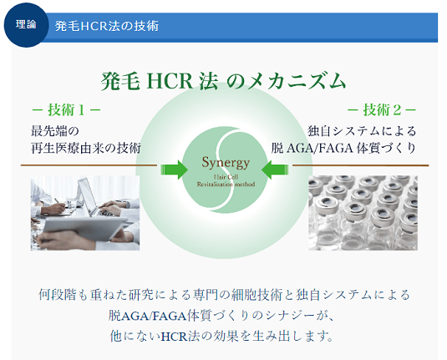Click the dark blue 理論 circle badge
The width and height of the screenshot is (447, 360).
[26, 25]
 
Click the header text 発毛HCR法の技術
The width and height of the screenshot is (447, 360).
[107, 26]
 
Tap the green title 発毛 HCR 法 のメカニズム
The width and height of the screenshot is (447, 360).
[223, 81]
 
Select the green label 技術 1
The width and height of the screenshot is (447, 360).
[66, 110]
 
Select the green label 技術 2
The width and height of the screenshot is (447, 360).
[382, 110]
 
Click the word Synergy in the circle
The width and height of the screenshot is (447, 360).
[226, 163]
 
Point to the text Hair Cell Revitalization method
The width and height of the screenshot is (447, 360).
[226, 180]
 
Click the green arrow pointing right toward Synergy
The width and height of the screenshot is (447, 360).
[174, 170]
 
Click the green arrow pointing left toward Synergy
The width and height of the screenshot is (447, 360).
[275, 170]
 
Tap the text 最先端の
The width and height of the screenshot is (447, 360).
[55, 131]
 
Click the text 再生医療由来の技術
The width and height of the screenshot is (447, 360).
[86, 148]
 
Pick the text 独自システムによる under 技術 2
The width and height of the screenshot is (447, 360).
[362, 131]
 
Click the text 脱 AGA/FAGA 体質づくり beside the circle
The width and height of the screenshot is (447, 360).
[343, 148]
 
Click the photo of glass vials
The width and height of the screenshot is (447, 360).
[363, 213]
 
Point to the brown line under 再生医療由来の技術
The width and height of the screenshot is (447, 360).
[89, 165]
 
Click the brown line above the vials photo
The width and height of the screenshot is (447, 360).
[361, 165]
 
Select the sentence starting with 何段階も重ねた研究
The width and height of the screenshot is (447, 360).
[224, 295]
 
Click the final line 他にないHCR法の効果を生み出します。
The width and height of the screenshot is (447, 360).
[221, 337]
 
